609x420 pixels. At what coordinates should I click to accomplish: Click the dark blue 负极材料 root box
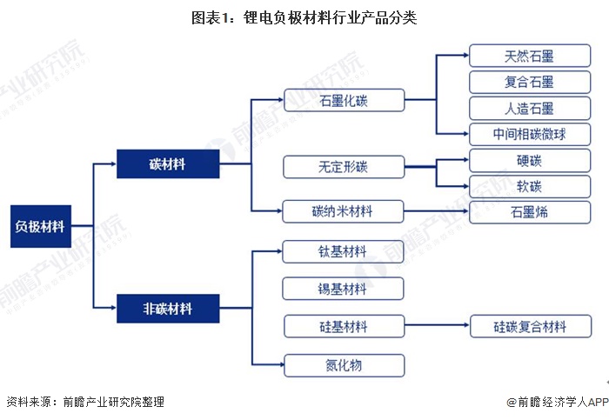click(40, 227)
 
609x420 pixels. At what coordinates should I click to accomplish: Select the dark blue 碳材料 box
click(167, 163)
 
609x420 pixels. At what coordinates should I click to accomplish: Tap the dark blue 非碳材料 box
click(167, 308)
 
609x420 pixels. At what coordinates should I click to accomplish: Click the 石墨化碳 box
click(344, 101)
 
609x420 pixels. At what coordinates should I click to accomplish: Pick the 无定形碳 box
click(344, 166)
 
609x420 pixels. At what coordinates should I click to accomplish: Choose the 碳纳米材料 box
click(344, 210)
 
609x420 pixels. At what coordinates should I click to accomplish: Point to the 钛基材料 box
click(344, 252)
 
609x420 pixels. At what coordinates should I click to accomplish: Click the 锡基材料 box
click(344, 289)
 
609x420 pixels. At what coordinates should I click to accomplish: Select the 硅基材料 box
click(344, 326)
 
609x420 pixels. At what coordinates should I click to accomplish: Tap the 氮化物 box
click(344, 364)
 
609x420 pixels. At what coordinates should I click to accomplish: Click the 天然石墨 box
click(530, 57)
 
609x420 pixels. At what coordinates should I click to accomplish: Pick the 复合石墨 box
click(530, 83)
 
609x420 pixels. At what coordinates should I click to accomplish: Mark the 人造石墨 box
click(530, 109)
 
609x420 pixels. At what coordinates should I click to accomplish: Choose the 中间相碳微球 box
click(530, 134)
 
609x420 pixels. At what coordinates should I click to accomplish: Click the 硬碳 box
click(530, 161)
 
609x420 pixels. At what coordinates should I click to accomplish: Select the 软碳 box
click(530, 186)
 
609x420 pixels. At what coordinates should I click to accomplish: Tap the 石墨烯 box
click(530, 211)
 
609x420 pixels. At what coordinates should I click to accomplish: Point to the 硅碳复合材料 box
click(530, 327)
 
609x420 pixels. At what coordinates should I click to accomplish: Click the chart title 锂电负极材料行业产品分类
click(304, 17)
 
